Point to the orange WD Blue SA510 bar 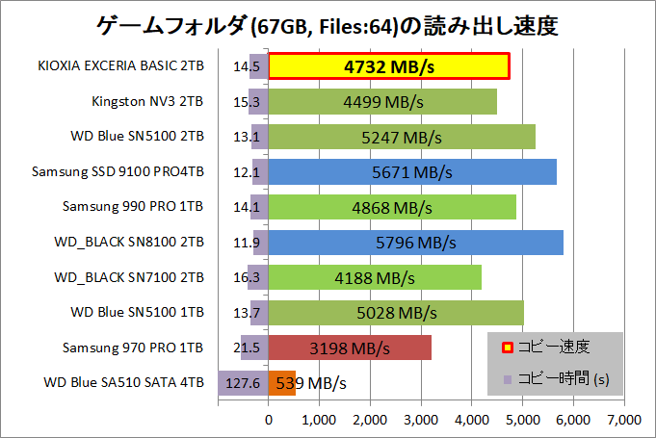tap(282, 382)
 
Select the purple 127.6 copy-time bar tap(243, 382)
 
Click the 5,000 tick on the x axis tap(523, 419)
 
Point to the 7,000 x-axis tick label tap(624, 419)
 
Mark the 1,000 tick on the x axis tap(319, 419)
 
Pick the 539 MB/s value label tap(312, 383)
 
